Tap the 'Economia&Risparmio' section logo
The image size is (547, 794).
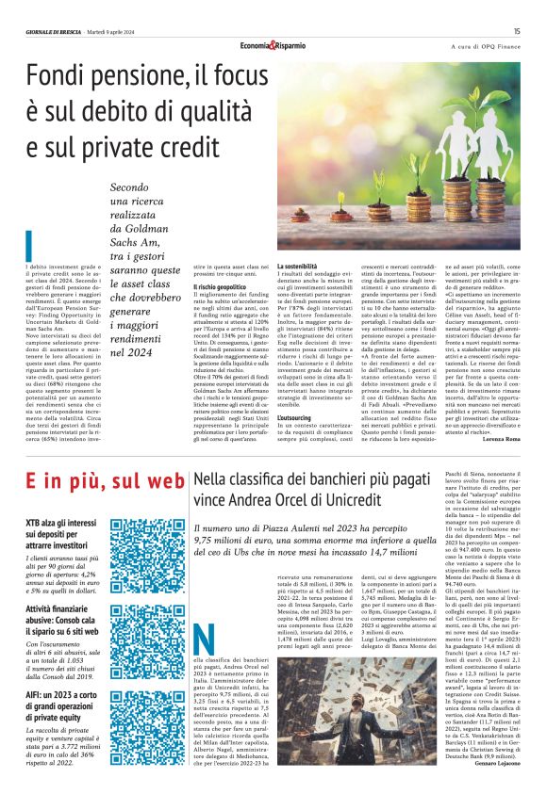coord(273,45)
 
